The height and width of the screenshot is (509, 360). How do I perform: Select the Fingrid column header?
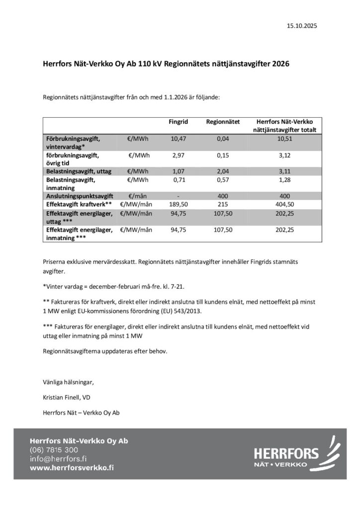[178, 121]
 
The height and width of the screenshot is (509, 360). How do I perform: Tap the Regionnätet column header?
[223, 121]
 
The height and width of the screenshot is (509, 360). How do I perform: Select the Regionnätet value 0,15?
[223, 156]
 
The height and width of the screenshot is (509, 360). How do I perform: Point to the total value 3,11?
[285, 170]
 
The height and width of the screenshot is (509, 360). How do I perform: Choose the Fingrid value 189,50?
[178, 204]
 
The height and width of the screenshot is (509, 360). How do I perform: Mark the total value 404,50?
[285, 204]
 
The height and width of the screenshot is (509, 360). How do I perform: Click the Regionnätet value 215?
[223, 204]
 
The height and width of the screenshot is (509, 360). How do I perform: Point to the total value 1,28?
[285, 179]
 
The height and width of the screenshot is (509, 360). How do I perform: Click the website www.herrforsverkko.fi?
[72, 468]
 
